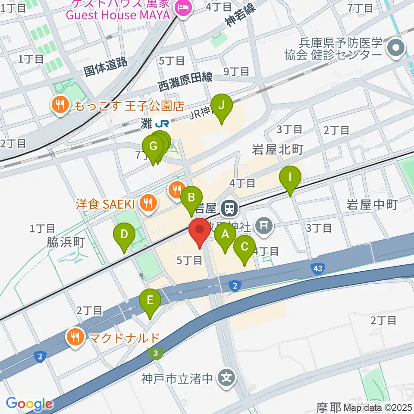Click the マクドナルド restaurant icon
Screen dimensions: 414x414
(x=76, y=337)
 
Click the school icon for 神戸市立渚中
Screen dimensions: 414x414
(x=227, y=378)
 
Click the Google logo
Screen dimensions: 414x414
(x=29, y=404)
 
